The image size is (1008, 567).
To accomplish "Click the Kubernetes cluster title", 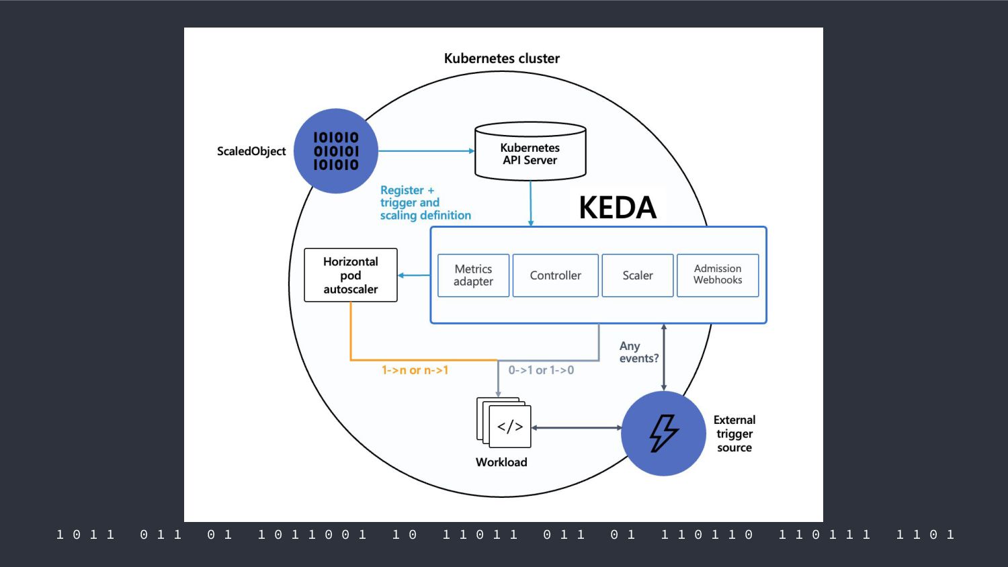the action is tap(502, 58).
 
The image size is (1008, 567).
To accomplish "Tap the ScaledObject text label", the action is tap(251, 151).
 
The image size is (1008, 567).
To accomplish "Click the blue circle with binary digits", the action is tap(336, 150).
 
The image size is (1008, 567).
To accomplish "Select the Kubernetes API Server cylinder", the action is tap(531, 151).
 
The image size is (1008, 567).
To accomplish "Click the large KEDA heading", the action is tap(618, 208).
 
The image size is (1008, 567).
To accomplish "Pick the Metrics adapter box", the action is tap(473, 275).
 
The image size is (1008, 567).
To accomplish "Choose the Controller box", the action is tap(555, 275).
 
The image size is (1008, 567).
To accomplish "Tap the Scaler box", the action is tap(638, 275).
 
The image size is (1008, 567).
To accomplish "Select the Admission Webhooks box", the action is tap(718, 275).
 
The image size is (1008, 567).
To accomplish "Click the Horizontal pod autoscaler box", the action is tap(351, 275).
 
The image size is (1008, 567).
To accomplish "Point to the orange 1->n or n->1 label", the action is tap(415, 370).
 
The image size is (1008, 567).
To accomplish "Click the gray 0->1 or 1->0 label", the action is tap(541, 370).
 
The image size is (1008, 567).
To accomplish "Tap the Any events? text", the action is tap(638, 352).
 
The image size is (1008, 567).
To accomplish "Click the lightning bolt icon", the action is tap(663, 433).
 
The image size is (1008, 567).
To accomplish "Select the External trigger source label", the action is tap(734, 434).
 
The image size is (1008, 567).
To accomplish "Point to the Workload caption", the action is tap(501, 462).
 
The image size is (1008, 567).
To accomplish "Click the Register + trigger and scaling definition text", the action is tap(425, 203).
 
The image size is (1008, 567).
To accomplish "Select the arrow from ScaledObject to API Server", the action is tap(427, 151).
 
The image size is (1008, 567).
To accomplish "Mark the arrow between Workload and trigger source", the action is tap(577, 427).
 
